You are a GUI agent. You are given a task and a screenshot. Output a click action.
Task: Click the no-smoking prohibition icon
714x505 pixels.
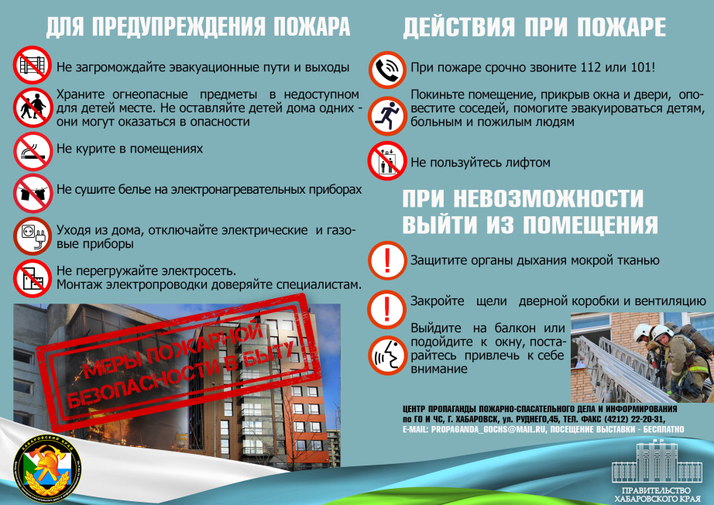point(33,152)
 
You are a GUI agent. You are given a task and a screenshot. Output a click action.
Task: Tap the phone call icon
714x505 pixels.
point(387,70)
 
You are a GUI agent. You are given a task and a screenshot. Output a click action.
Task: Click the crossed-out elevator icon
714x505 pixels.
point(387,161)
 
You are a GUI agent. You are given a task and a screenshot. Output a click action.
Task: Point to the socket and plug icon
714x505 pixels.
point(33,236)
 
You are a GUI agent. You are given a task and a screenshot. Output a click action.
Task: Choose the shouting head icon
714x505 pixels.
point(387,356)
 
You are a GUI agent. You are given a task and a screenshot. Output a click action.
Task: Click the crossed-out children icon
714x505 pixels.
point(33,108)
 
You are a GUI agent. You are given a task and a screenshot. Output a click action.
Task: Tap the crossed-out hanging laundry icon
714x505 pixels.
point(33,194)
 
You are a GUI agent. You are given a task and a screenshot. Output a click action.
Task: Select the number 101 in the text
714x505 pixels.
point(641,67)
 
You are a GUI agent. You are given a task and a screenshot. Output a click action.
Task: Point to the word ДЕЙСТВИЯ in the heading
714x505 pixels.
point(459,27)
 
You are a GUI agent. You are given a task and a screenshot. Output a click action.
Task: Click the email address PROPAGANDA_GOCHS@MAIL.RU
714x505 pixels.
point(489,429)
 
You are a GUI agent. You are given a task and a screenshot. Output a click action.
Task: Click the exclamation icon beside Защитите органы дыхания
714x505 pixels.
point(387,260)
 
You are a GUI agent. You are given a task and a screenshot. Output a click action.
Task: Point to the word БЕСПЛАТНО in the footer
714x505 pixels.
point(664,429)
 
